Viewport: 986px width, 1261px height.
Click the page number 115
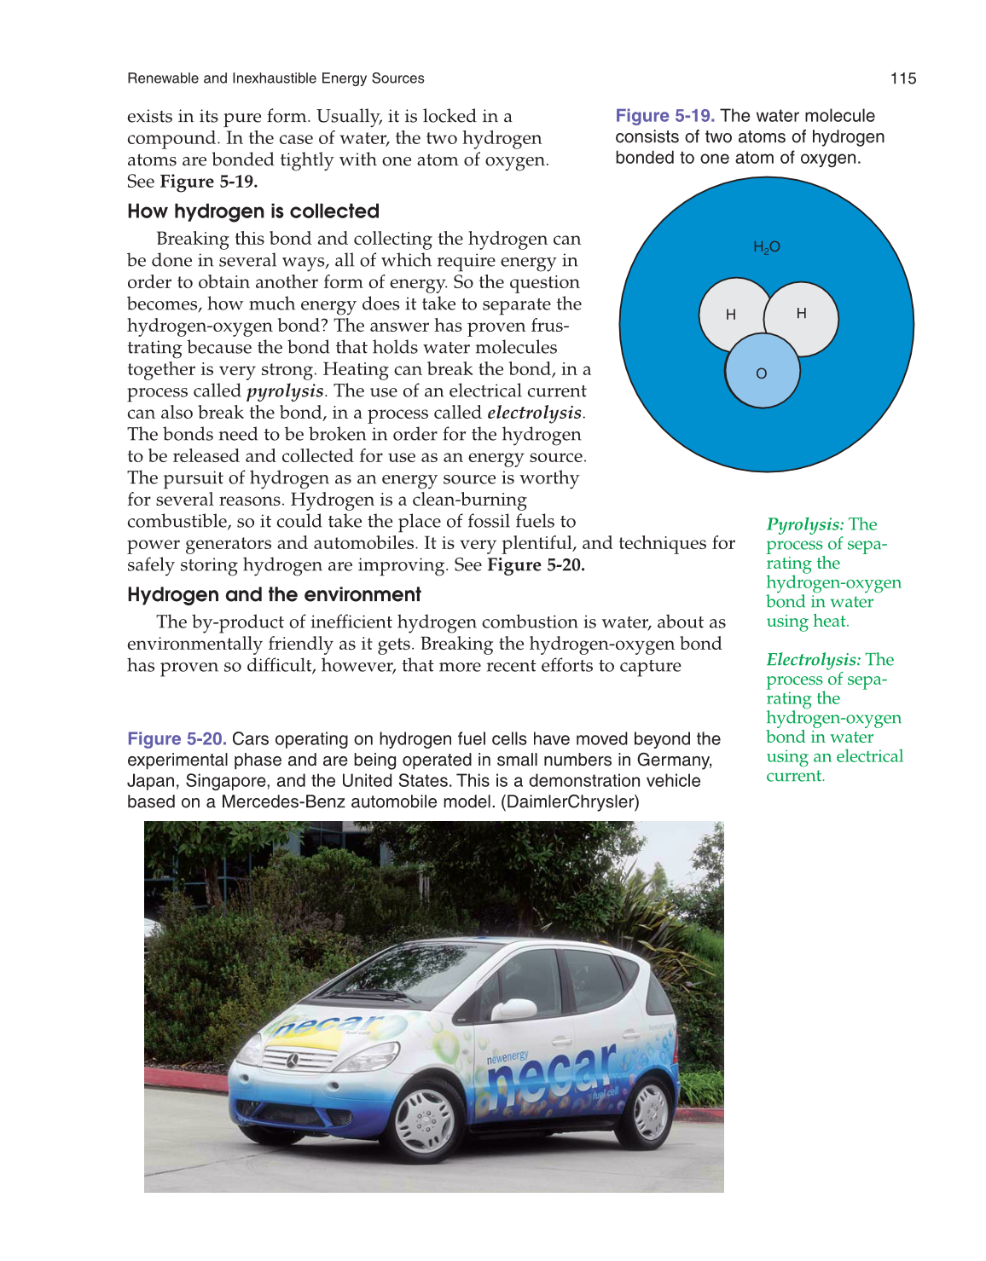902,78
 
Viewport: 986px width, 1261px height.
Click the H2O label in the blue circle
766,247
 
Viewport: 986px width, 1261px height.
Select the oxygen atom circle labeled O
762,373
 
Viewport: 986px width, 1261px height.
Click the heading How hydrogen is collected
253,211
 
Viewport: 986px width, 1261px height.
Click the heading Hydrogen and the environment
274,595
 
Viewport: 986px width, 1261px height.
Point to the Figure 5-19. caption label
665,116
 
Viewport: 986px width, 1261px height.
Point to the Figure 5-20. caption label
177,739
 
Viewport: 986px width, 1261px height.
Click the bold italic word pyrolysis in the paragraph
285,391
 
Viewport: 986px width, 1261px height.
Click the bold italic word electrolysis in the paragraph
534,414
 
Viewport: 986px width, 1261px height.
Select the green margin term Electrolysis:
813,660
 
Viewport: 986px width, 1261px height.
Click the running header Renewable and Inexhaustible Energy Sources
275,78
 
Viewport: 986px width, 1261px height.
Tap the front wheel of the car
424,1119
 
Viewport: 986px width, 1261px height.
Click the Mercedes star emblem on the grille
292,1061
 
